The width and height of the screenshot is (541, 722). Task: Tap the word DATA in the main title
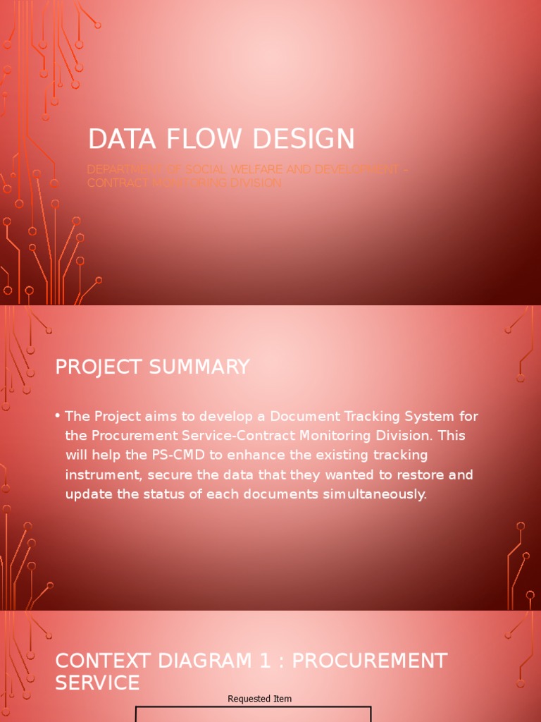(118, 140)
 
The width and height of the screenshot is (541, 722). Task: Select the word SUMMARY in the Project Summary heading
(205, 367)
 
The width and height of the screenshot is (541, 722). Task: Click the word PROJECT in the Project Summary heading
(104, 367)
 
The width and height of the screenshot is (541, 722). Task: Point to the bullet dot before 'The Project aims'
(57, 416)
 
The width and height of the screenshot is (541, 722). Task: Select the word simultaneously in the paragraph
(375, 494)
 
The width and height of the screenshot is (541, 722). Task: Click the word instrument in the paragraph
(99, 475)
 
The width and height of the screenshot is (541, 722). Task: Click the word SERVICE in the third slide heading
(97, 683)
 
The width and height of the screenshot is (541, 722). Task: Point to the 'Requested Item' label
(259, 699)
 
